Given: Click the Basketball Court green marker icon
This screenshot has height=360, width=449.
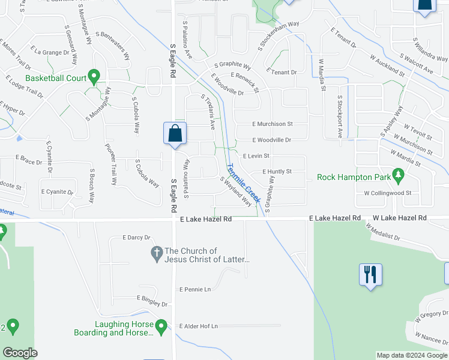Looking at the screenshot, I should (94, 77).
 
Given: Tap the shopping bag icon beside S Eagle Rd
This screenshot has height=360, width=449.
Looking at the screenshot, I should (175, 133).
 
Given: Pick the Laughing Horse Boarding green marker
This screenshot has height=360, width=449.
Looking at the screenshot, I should (160, 326).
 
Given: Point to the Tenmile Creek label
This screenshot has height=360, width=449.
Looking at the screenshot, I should (243, 184).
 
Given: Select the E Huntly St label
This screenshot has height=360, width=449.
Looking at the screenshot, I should (277, 172).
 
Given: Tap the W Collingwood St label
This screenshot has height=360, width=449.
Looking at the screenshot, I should (388, 193).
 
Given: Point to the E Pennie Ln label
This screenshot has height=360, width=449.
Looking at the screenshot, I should (195, 289).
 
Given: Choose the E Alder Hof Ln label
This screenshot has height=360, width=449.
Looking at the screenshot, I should (198, 326).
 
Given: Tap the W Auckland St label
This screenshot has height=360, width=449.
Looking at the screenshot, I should (387, 62).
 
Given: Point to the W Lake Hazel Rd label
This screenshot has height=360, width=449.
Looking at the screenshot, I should (400, 218).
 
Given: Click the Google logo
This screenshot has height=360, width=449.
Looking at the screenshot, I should (20, 353).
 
